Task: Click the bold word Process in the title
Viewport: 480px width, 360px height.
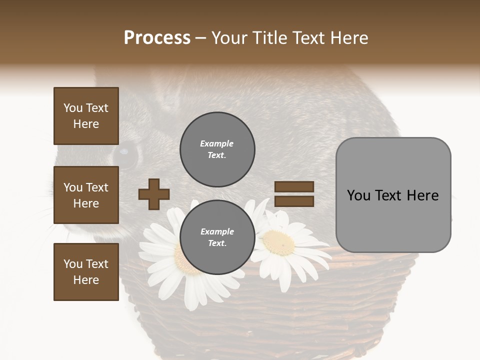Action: point(157,38)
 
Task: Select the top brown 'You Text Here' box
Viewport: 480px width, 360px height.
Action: point(86,116)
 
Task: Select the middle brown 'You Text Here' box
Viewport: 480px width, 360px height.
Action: point(86,195)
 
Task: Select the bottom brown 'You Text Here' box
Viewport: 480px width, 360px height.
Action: point(86,271)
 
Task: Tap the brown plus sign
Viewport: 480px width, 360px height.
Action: point(153,194)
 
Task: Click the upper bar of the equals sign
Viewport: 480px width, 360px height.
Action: point(294,186)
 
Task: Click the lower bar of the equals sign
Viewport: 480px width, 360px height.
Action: point(294,201)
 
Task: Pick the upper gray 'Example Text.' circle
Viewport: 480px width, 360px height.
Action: point(217,149)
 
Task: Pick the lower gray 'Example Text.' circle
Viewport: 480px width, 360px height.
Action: point(217,237)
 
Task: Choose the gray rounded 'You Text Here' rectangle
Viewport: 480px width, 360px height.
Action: point(393,195)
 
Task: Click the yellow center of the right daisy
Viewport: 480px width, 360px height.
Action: point(279,242)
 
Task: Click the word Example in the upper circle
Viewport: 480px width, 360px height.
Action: point(217,143)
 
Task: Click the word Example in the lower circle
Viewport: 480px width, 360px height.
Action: point(217,231)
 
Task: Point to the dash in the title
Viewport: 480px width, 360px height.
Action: point(200,38)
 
